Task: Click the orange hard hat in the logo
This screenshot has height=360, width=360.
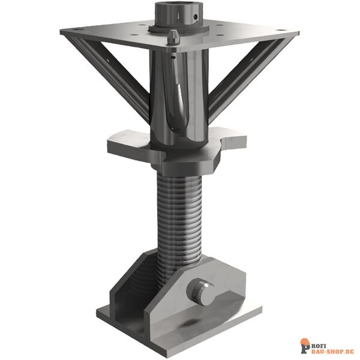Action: coord(305,342)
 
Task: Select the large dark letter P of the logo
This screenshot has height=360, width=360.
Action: coord(305,349)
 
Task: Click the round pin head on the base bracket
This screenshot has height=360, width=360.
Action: coord(201,292)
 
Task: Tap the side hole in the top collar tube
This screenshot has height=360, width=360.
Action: coord(196,17)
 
